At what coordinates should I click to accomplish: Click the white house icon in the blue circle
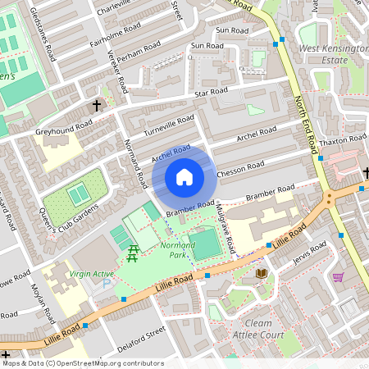(x=184, y=177)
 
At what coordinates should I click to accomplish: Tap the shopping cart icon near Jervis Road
(x=338, y=277)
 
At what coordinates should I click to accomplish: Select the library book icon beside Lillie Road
(x=262, y=273)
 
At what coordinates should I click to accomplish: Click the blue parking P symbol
(x=105, y=284)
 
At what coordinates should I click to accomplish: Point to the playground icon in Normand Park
(x=130, y=254)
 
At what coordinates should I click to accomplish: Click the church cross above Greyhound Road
(x=97, y=106)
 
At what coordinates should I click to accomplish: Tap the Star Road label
(x=211, y=93)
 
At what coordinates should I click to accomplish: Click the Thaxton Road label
(x=344, y=139)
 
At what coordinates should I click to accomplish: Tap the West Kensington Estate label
(x=333, y=54)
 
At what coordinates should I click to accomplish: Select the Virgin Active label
(x=93, y=273)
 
